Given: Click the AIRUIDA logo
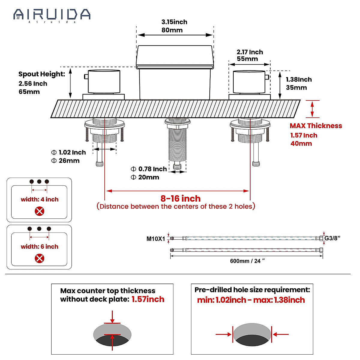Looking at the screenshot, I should [x=52, y=15].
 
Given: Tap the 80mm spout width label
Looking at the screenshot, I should [x=172, y=30].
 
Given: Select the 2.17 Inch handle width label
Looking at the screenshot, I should [x=250, y=52].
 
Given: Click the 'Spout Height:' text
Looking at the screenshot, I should [x=42, y=74].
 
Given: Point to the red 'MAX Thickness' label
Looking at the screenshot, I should [x=316, y=126].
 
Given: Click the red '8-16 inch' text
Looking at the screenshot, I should [x=180, y=198].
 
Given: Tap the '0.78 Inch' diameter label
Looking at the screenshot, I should [x=152, y=169].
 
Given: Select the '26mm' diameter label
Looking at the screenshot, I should [x=69, y=160].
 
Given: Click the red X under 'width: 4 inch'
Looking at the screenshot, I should [x=40, y=211].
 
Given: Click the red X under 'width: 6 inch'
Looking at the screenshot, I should [x=40, y=258].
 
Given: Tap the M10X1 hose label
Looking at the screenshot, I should [x=156, y=239].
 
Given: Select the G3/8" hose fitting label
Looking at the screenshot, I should [x=332, y=238].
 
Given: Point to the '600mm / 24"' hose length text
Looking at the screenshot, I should [x=247, y=261].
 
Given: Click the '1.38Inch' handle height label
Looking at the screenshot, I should [x=298, y=79].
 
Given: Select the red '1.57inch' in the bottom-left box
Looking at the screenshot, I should [x=148, y=299].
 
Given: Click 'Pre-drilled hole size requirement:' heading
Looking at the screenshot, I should [x=252, y=290].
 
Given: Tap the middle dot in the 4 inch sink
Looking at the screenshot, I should [x=39, y=181].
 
